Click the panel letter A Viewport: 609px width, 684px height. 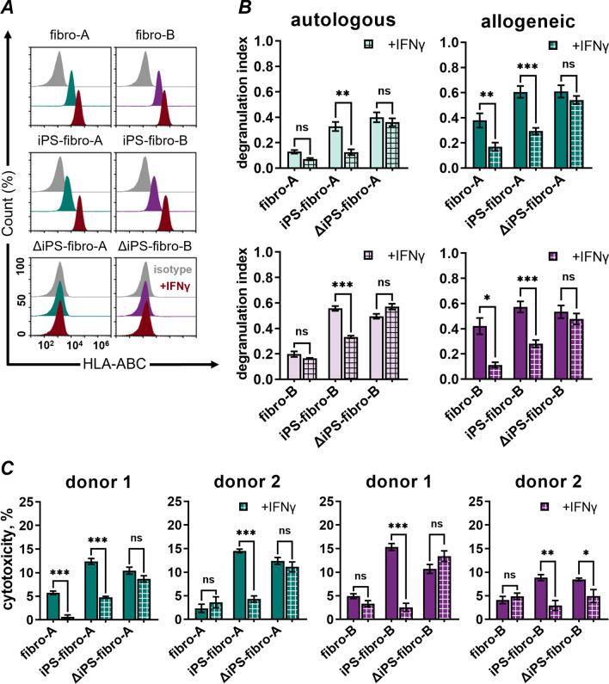(x=11, y=9)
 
